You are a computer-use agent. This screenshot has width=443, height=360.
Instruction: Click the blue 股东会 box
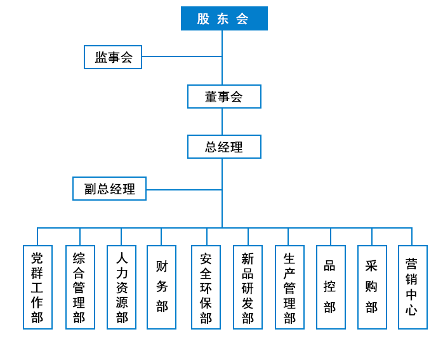pyautogui.click(x=224, y=18)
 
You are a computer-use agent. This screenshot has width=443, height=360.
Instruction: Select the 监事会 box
pyautogui.click(x=113, y=57)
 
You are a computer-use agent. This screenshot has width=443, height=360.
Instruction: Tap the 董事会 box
pyautogui.click(x=224, y=97)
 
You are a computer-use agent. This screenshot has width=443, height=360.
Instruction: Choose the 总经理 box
pyautogui.click(x=224, y=147)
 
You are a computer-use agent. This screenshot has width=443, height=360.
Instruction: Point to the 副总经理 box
pyautogui.click(x=109, y=189)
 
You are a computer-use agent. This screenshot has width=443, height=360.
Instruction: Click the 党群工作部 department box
pyautogui.click(x=37, y=287)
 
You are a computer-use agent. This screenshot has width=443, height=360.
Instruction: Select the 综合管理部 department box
pyautogui.click(x=80, y=287)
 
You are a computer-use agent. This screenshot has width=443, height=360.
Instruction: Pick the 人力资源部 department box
pyautogui.click(x=121, y=287)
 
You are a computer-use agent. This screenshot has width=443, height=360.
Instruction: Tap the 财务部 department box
pyautogui.click(x=161, y=287)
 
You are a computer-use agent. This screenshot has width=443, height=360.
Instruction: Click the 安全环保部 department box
pyautogui.click(x=206, y=287)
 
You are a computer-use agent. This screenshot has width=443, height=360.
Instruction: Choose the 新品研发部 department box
pyautogui.click(x=248, y=287)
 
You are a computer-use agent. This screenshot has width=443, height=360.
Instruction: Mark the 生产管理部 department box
pyautogui.click(x=289, y=287)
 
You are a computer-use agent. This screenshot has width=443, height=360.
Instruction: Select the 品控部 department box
pyautogui.click(x=331, y=287)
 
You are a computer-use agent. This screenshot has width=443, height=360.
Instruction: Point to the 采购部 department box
pyautogui.click(x=372, y=287)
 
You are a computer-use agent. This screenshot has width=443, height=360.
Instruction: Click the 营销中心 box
pyautogui.click(x=413, y=287)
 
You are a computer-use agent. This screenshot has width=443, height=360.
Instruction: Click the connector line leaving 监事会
pyautogui.click(x=182, y=57)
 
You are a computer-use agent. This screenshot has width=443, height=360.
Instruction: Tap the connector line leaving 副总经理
pyautogui.click(x=184, y=190)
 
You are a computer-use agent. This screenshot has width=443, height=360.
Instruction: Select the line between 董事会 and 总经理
pyautogui.click(x=222, y=121)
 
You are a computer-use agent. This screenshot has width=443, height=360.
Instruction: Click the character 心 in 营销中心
pyautogui.click(x=412, y=310)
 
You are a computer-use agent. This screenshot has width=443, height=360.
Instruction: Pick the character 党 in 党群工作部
pyautogui.click(x=37, y=258)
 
